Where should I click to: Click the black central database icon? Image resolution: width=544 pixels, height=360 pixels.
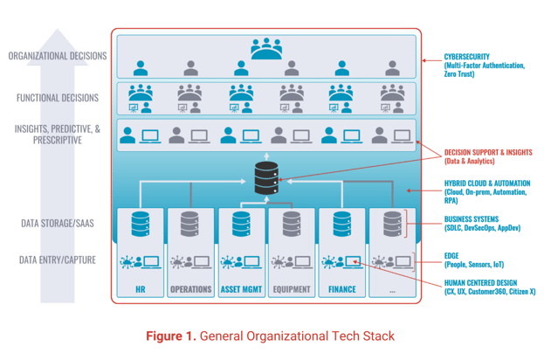pos(266,177)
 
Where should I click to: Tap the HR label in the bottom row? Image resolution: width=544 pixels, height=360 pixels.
pos(141,289)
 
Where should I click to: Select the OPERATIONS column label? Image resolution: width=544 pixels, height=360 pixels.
pos(191,289)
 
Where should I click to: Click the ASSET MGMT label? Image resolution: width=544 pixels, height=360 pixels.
pos(241,289)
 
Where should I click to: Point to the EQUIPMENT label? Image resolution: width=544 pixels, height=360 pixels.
pos(292,289)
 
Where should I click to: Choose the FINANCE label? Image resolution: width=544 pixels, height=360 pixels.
pos(342,289)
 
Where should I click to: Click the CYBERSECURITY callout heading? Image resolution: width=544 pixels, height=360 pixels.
pos(466,57)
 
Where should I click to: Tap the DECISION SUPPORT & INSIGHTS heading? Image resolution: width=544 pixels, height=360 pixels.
pos(488,152)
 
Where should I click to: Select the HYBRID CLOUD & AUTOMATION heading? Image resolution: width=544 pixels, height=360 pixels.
pos(487,183)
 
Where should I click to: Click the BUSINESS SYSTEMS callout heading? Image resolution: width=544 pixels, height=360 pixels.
pos(472,219)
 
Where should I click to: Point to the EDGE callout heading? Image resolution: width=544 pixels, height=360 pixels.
pos(451,256)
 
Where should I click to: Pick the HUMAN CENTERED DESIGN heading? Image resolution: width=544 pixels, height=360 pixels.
pos(480,283)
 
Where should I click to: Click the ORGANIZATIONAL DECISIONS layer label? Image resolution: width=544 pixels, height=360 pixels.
pos(58,56)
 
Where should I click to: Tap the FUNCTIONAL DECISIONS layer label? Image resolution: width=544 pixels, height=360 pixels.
pos(58,98)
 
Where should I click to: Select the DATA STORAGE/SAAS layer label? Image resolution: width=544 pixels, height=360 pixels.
pos(58,223)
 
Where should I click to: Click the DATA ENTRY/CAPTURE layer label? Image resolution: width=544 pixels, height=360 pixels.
pos(58,260)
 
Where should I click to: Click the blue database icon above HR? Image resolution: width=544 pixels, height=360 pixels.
pos(141,225)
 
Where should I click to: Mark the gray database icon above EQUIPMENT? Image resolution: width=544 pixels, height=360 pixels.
pos(292,225)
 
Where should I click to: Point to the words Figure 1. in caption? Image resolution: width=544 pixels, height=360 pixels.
pos(171,336)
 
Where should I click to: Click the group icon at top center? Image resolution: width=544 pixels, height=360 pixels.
pos(266,49)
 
